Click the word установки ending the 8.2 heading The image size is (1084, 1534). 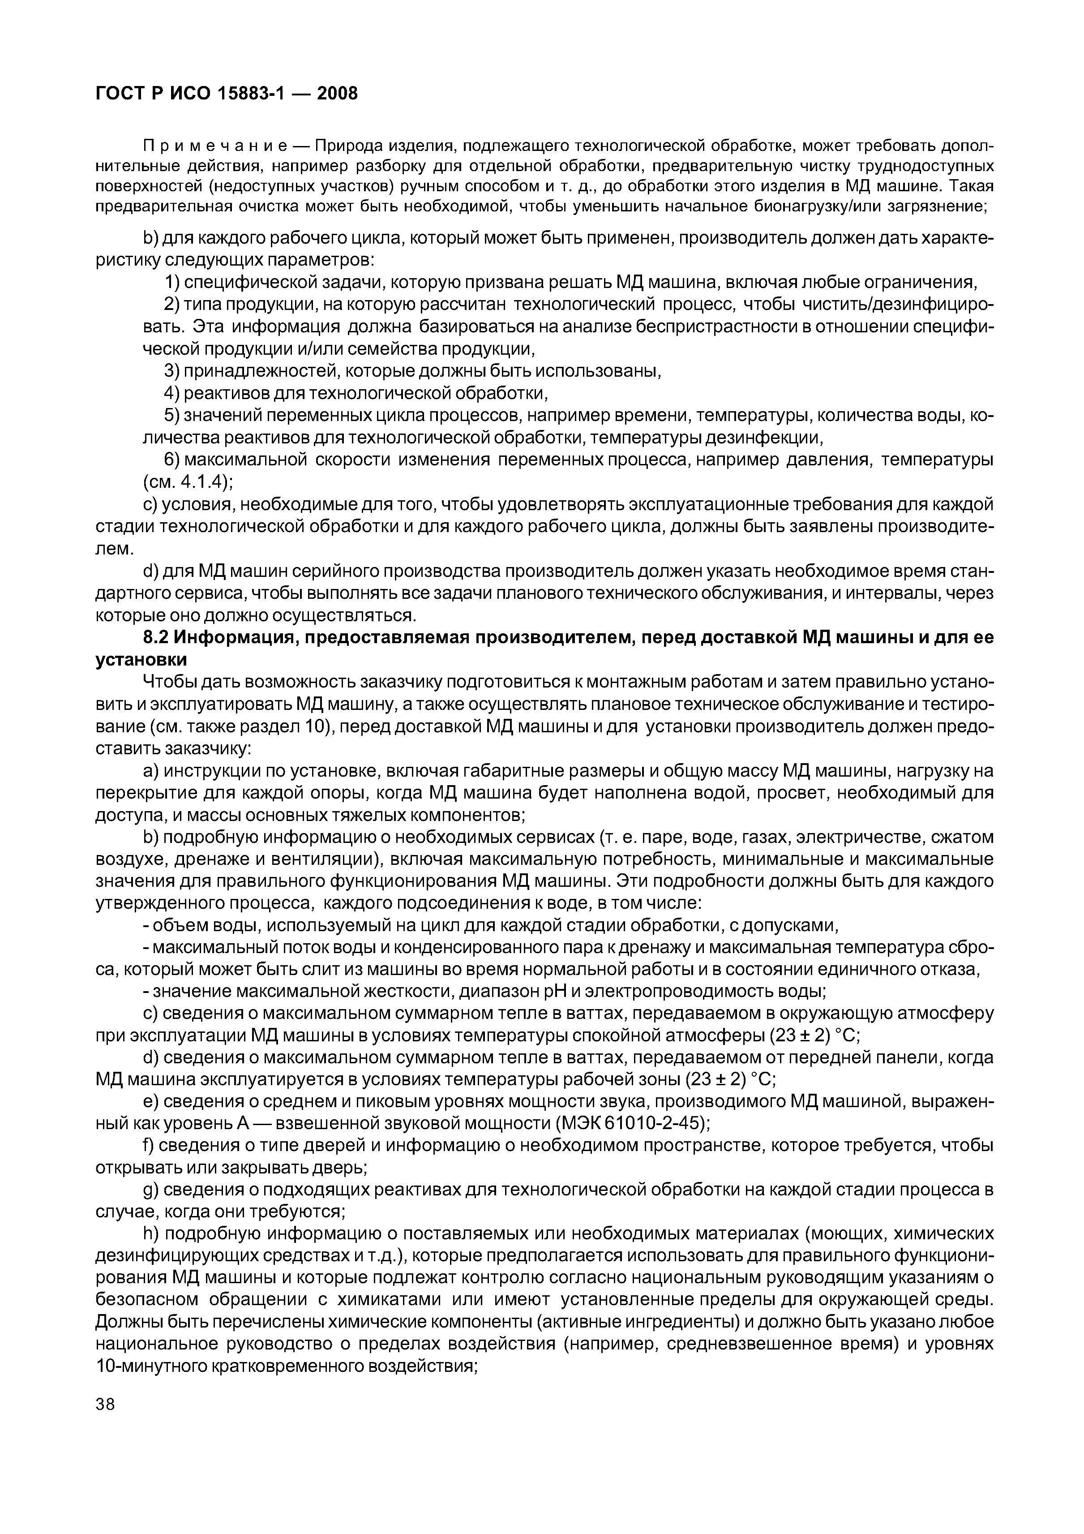141,660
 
